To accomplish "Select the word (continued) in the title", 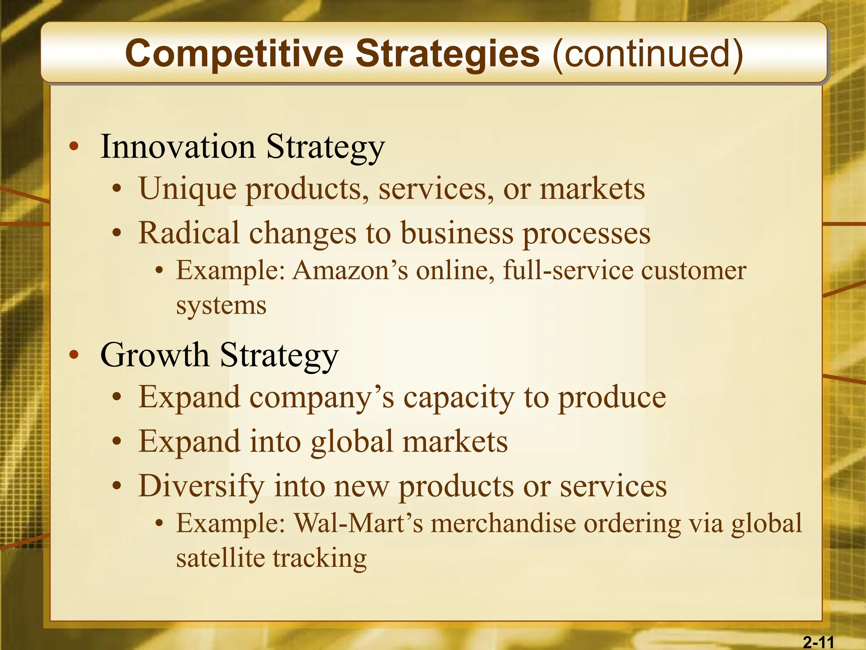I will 647,54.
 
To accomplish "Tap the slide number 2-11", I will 818,642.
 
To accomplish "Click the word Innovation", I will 178,146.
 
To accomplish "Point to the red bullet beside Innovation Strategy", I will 74,147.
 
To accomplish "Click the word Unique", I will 187,189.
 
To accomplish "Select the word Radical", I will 189,233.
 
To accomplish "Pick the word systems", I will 221,306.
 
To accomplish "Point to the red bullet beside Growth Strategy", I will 74,355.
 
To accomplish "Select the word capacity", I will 458,398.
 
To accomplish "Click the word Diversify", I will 201,486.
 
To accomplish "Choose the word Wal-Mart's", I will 358,523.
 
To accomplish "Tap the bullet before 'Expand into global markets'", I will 117,442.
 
